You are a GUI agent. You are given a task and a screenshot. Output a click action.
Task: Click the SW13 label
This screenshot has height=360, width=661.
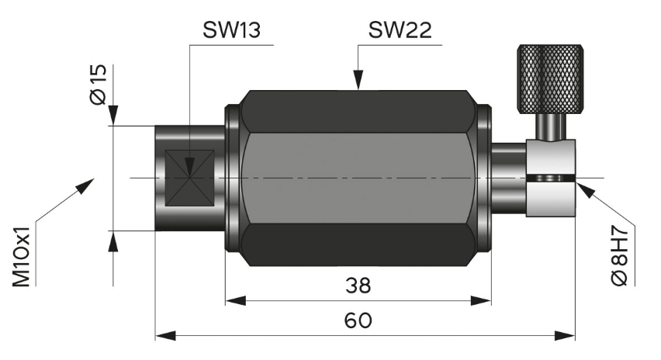click(230, 30)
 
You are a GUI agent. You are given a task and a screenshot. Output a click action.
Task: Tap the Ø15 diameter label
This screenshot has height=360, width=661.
click(98, 85)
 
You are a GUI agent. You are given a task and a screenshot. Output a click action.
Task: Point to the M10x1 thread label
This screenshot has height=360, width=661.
click(21, 257)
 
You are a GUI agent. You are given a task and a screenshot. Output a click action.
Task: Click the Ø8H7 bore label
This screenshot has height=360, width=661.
click(621, 257)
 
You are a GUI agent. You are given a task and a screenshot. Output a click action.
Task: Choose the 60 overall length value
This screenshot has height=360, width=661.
click(358, 320)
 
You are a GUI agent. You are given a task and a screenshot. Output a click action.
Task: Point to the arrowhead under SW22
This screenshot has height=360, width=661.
click(358, 80)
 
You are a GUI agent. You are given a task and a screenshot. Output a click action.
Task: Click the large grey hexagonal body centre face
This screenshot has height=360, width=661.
click(358, 178)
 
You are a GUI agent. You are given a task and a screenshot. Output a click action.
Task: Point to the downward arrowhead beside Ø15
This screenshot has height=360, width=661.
click(114, 116)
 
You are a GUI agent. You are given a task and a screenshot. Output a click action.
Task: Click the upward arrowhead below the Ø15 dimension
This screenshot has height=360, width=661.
click(114, 241)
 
